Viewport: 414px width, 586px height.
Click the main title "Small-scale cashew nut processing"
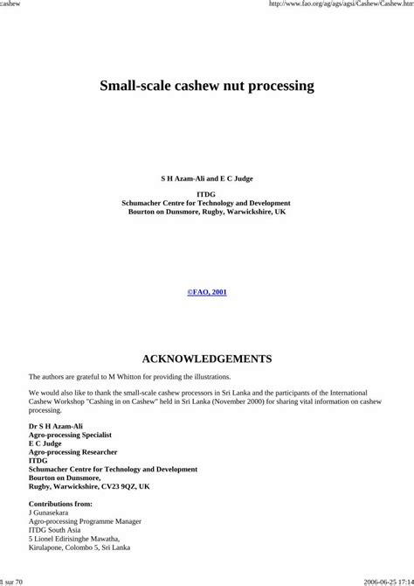coord(207,87)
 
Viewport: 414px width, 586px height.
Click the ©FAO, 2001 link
coord(207,291)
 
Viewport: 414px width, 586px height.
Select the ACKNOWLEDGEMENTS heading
coord(207,359)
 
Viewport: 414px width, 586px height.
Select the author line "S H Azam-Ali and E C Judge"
coord(207,177)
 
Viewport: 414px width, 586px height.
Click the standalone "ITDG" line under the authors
coord(207,194)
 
